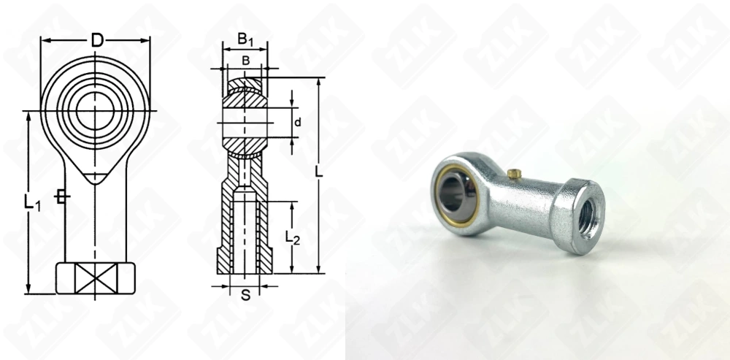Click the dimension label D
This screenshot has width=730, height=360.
point(96,40)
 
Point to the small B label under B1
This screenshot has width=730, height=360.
point(245,60)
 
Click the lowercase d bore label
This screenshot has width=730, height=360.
point(298,122)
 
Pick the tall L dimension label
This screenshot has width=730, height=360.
point(318,172)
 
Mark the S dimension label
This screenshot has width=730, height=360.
point(245,295)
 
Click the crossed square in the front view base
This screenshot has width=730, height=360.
point(96,278)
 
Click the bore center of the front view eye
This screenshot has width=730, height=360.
point(96,110)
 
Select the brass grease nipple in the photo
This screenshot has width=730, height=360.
point(514,174)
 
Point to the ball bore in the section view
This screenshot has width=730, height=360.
point(245,122)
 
